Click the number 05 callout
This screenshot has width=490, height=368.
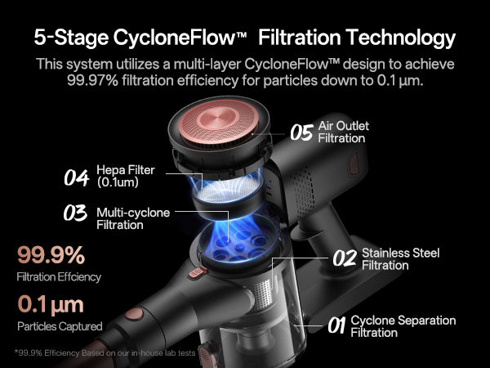pyautogui.click(x=301, y=132)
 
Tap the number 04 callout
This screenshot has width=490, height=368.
pyautogui.click(x=76, y=177)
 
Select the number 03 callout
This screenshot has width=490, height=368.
pyautogui.click(x=75, y=213)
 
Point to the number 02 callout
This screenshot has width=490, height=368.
pyautogui.click(x=345, y=258)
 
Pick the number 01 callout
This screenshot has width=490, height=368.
pyautogui.click(x=336, y=325)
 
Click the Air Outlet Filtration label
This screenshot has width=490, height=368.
pyautogui.click(x=344, y=132)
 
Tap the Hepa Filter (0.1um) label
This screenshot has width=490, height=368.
pyautogui.click(x=126, y=176)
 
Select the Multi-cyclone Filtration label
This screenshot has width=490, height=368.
pyautogui.click(x=133, y=218)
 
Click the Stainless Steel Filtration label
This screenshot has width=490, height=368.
pyautogui.click(x=401, y=259)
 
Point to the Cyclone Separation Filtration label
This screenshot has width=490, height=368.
pyautogui.click(x=403, y=326)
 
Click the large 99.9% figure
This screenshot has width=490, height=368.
pyautogui.click(x=51, y=255)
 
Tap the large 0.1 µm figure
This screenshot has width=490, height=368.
pyautogui.click(x=51, y=304)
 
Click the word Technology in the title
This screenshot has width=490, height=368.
pyautogui.click(x=402, y=38)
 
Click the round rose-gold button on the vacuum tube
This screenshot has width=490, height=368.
pyautogui.click(x=135, y=314)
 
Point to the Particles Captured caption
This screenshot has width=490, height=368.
pyautogui.click(x=60, y=326)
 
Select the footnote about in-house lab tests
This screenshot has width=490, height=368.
pyautogui.click(x=105, y=353)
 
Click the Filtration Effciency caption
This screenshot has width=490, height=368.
pyautogui.click(x=59, y=277)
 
